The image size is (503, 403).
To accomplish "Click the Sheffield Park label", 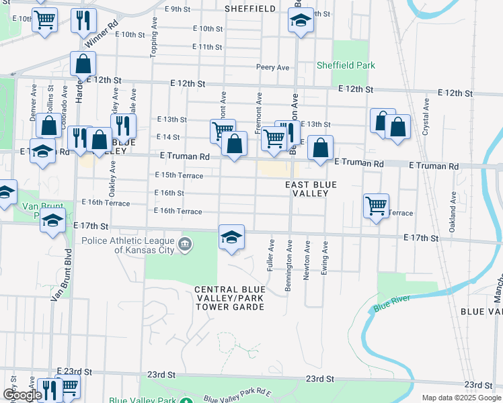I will coord(346,66).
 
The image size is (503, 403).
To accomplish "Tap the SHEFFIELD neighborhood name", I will coord(249,9).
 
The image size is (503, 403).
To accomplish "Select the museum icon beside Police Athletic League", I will coord(186,242).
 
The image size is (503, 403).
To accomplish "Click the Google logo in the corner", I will coord(22,395).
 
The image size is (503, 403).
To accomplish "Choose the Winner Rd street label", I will coord(106,28).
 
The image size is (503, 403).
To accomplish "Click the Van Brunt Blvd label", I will coord(60,275).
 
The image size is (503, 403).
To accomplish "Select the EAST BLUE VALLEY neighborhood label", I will coord(306,189).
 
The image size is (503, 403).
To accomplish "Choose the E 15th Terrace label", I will coord(179,175).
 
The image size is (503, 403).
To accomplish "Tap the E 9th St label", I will coord(178,9).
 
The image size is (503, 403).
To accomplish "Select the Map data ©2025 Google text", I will coord(461,398).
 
